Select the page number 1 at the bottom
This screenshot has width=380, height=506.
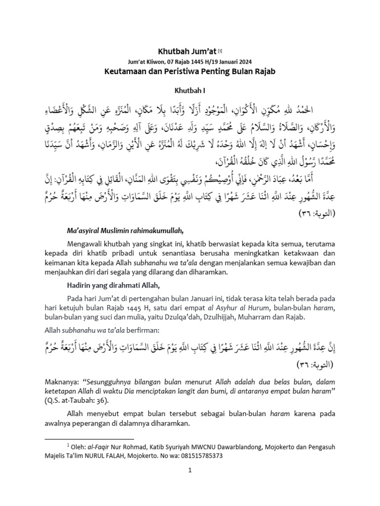click(190, 484)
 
